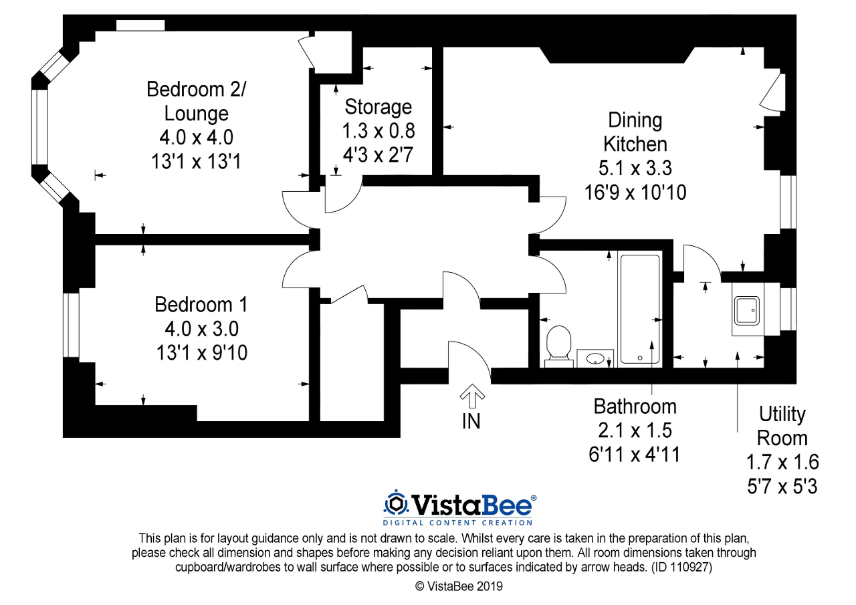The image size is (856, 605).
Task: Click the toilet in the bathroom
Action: click(x=558, y=346)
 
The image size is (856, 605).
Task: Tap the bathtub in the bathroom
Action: click(x=640, y=309)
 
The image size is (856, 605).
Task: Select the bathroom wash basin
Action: click(x=595, y=358)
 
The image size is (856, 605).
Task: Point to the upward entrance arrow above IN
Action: click(x=472, y=396)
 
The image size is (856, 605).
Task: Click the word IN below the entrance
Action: click(x=471, y=422)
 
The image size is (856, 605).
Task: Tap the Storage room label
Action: click(x=379, y=107)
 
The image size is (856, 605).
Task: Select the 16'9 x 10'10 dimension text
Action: click(x=635, y=193)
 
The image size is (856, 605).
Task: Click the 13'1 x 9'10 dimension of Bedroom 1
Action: click(x=202, y=352)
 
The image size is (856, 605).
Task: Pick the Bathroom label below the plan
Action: click(x=635, y=406)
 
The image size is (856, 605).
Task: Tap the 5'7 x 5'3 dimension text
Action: click(x=782, y=487)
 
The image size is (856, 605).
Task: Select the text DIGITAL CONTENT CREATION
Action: click(x=457, y=523)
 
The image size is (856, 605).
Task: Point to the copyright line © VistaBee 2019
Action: click(x=459, y=586)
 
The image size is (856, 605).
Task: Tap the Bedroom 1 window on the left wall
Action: click(x=71, y=325)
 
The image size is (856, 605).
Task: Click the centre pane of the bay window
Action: click(x=39, y=127)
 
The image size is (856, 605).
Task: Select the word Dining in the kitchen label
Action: click(x=635, y=120)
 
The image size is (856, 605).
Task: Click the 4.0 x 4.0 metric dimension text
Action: click(x=196, y=138)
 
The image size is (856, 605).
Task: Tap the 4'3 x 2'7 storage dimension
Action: click(x=378, y=155)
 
